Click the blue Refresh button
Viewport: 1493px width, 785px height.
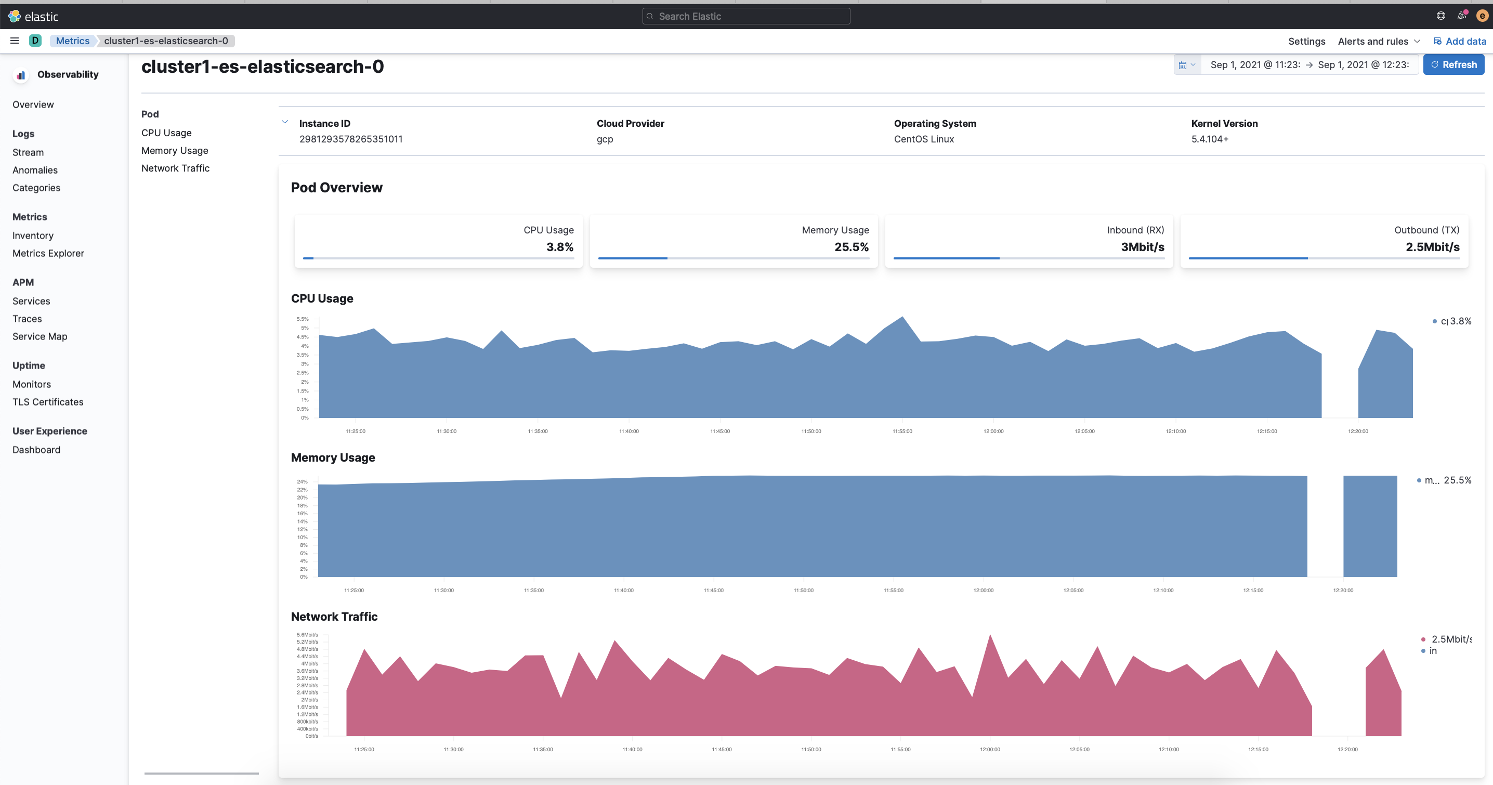[x=1453, y=65]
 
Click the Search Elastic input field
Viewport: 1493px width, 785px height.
[x=746, y=16]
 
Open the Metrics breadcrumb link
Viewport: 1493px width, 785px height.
[x=72, y=41]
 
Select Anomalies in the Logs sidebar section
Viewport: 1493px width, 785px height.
[x=35, y=170]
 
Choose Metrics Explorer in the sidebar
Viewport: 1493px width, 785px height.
[x=48, y=253]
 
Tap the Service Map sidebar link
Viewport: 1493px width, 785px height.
[x=40, y=336]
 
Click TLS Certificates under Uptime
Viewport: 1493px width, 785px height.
[x=47, y=402]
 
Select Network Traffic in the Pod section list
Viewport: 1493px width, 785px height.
[x=175, y=168]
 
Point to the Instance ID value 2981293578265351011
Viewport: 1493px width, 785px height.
[x=351, y=139]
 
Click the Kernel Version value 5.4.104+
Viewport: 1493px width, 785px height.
[x=1210, y=139]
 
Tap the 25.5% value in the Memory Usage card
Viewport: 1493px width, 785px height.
[x=851, y=247]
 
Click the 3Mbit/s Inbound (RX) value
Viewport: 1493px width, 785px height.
[x=1142, y=247]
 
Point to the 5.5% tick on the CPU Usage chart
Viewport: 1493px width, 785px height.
[x=303, y=319]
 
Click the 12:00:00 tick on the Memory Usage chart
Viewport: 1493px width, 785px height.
[x=983, y=590]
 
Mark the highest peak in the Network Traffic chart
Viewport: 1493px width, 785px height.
[x=990, y=636]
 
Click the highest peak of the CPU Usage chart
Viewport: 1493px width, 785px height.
[x=902, y=317]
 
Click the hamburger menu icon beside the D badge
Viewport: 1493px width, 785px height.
[x=15, y=41]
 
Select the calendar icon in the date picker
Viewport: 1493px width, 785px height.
[x=1182, y=65]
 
